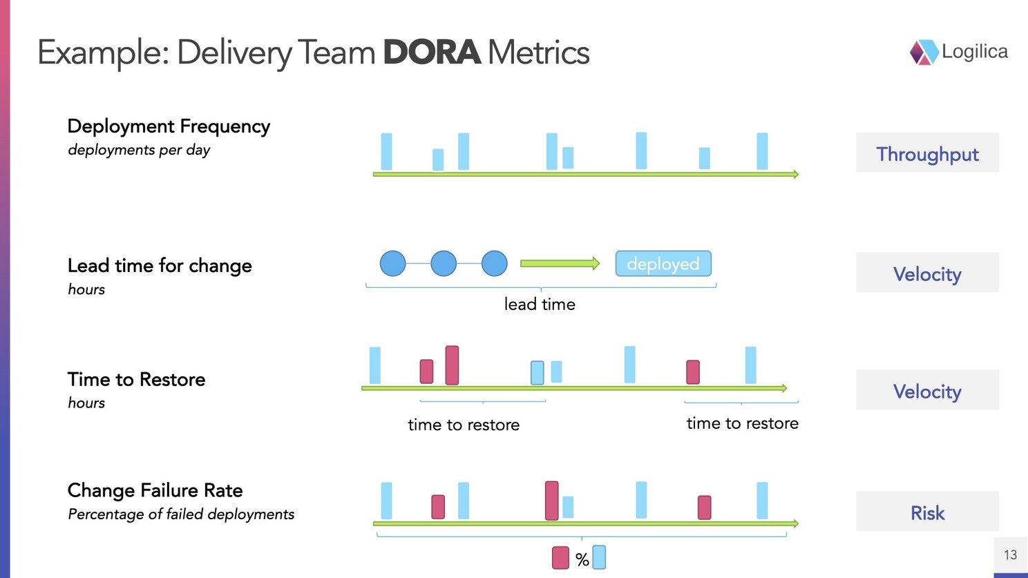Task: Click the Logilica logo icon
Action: point(924,52)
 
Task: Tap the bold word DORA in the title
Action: point(431,52)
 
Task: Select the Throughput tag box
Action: point(927,153)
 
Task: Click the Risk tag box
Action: point(927,512)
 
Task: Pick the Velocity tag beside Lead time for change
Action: point(927,273)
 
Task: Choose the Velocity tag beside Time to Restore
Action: point(927,391)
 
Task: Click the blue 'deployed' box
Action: point(663,264)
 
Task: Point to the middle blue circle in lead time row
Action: point(444,263)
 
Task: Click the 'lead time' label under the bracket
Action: point(540,304)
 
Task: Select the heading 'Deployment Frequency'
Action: point(169,126)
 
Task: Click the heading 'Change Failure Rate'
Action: point(155,490)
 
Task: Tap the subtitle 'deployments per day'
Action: point(139,150)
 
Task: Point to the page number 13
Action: point(1010,555)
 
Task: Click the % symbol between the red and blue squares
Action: point(582,559)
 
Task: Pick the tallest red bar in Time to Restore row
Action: point(452,365)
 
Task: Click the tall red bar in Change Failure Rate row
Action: point(551,500)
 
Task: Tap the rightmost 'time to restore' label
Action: point(742,423)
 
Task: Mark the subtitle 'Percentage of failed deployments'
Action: point(181,514)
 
